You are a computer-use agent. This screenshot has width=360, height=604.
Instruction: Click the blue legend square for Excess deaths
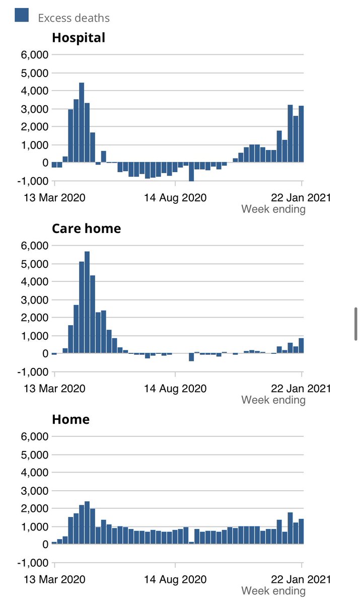[21, 16]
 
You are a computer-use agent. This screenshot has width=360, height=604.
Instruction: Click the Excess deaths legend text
[74, 18]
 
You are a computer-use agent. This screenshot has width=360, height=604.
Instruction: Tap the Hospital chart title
[79, 38]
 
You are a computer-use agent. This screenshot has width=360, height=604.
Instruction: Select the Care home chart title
[86, 229]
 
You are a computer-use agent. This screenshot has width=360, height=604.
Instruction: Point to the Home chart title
[70, 419]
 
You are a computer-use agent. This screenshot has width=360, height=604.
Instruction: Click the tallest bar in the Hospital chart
[82, 123]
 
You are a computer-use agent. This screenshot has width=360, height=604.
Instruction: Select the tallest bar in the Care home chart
[87, 303]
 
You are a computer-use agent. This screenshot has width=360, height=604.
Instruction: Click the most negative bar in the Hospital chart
[191, 172]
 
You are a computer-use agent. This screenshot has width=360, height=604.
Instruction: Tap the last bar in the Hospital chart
[301, 134]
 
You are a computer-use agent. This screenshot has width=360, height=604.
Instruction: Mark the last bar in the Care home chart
[301, 346]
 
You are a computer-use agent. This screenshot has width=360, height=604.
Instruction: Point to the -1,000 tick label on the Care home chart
[33, 372]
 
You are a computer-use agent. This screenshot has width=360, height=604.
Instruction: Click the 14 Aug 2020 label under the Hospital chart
[176, 198]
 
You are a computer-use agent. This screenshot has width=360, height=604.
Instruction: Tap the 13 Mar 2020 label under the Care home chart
[55, 389]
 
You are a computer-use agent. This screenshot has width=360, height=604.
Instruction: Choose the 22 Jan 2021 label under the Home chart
[302, 579]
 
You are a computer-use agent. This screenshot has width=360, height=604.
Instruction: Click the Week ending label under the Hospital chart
[273, 209]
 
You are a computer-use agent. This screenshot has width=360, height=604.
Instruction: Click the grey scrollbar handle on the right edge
[356, 324]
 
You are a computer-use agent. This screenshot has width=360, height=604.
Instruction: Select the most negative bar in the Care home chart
[191, 357]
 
